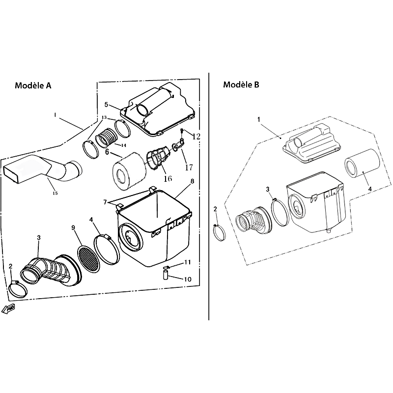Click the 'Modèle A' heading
33,85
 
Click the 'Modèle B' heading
241,84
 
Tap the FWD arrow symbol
8,309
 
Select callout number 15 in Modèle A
55,193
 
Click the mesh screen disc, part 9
88,259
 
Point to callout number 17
189,167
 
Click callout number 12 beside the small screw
196,137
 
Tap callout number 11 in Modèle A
188,262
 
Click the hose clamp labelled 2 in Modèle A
18,290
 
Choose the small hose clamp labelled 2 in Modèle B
220,233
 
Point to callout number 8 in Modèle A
192,181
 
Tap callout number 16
168,178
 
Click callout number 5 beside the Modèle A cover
106,105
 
